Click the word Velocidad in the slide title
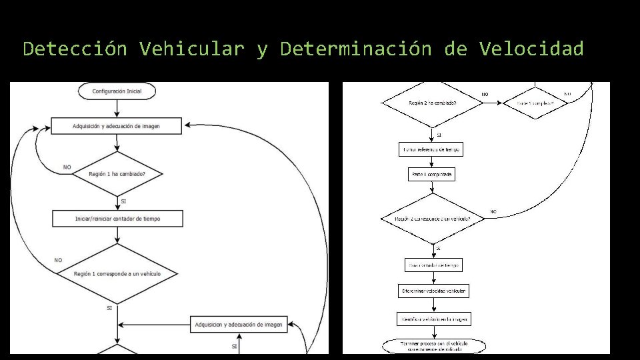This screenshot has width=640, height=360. (531, 49)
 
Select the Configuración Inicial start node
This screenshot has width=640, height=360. (117, 90)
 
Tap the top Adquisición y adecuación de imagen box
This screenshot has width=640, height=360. (117, 125)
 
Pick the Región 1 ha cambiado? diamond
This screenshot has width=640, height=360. (117, 174)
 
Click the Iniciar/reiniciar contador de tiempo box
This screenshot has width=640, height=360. (117, 219)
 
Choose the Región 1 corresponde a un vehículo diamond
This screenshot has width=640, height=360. (117, 273)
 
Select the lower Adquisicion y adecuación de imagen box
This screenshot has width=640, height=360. (239, 325)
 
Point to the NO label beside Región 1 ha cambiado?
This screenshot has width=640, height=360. (67, 167)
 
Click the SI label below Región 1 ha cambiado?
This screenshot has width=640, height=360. (123, 201)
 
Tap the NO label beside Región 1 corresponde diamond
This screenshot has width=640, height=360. (59, 260)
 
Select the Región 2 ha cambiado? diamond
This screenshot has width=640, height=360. (432, 103)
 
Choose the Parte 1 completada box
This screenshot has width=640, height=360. (432, 174)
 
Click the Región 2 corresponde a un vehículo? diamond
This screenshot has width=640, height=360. (432, 219)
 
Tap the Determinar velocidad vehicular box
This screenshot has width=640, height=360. (433, 291)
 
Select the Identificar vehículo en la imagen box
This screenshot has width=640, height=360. (433, 319)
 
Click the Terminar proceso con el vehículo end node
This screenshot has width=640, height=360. (433, 345)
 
